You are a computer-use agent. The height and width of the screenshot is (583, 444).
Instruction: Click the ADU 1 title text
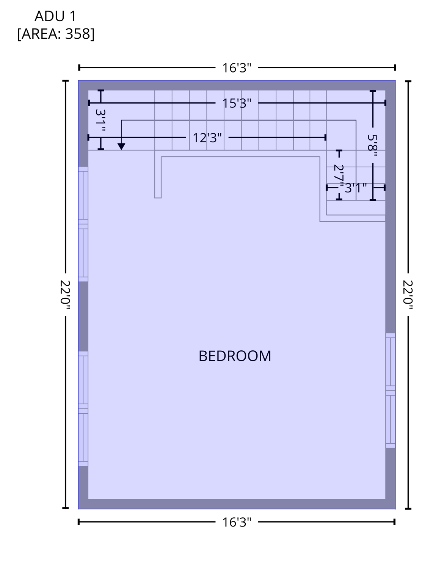click(x=55, y=16)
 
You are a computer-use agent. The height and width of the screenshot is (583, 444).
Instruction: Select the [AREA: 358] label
click(x=56, y=34)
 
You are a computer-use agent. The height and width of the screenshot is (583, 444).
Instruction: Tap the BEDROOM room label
click(x=235, y=356)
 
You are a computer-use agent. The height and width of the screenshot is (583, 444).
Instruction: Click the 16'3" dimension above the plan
click(x=237, y=68)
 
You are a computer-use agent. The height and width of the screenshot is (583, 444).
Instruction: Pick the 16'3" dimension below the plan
click(x=237, y=522)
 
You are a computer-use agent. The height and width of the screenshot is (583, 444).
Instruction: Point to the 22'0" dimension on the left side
click(x=65, y=295)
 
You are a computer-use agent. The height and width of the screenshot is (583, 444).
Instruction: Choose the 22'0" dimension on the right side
click(x=408, y=295)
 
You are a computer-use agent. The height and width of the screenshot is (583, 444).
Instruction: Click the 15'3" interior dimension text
click(x=237, y=103)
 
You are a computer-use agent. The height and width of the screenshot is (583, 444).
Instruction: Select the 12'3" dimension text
click(x=207, y=138)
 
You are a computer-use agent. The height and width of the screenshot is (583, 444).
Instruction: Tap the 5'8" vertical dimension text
click(x=373, y=146)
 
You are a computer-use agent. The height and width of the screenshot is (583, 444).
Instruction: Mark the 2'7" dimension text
click(x=339, y=175)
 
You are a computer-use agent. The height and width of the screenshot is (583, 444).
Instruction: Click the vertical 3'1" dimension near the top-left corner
click(x=100, y=120)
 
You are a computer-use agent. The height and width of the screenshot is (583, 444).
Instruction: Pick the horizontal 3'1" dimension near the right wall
click(x=355, y=188)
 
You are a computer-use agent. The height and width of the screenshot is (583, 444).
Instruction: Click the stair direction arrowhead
click(x=121, y=147)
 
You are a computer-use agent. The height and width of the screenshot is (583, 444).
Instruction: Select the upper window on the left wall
click(x=83, y=224)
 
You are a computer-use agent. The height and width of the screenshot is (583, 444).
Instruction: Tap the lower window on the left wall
click(x=83, y=408)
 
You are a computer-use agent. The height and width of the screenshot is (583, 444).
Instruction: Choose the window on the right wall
click(x=391, y=390)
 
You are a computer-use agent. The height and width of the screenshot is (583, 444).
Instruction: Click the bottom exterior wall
click(x=237, y=504)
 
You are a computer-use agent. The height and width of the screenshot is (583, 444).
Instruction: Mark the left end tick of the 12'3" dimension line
click(x=89, y=137)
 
